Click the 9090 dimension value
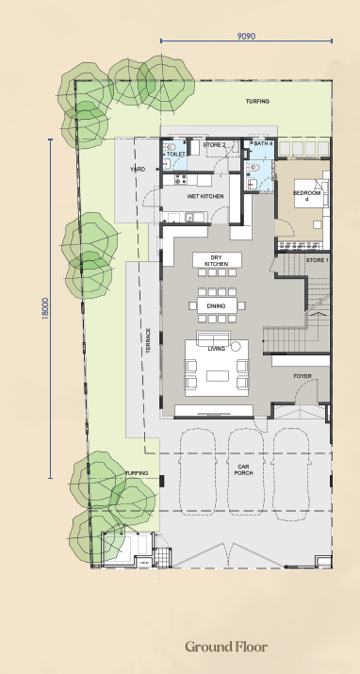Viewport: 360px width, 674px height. (246, 36)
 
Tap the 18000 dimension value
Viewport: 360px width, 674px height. (45, 308)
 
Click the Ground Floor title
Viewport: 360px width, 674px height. (226, 646)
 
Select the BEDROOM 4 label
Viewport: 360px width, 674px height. (306, 196)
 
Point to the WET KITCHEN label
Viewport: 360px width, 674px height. (205, 196)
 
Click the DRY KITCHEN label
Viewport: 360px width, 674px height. (217, 260)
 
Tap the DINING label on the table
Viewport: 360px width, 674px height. (216, 306)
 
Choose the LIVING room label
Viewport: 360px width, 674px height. (216, 349)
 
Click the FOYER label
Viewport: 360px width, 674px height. (303, 376)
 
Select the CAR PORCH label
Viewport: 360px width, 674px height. (243, 469)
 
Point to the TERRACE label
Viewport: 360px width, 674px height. (148, 341)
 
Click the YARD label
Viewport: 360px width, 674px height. (138, 170)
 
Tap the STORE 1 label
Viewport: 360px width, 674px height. (318, 260)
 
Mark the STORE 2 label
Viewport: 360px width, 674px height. (214, 145)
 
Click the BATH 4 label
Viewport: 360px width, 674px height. (263, 143)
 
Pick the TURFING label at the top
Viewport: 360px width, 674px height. (257, 102)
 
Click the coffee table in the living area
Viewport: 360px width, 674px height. (218, 376)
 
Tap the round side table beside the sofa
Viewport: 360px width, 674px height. (236, 347)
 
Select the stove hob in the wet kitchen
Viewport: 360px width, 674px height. (180, 180)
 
